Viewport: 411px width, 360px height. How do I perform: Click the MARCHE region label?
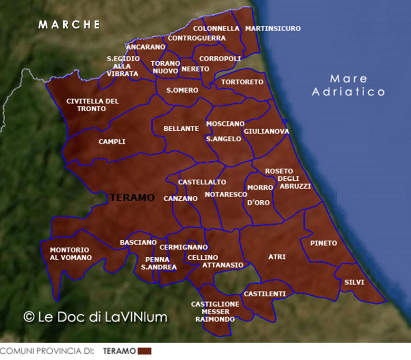point(69,24)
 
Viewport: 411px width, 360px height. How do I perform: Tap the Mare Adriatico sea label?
point(348,85)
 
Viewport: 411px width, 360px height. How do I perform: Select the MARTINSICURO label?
point(273,28)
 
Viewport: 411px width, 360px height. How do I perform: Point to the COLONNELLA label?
point(216,28)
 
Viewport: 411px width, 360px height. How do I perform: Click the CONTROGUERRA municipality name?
point(197,38)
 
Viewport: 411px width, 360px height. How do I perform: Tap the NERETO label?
point(195,69)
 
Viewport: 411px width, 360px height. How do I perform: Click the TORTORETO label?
point(242,82)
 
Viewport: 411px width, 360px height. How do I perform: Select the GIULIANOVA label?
point(266,131)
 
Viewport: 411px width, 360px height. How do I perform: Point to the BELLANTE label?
point(181,129)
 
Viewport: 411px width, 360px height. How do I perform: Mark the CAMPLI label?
point(112,142)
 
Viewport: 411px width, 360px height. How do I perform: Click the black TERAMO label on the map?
point(133,198)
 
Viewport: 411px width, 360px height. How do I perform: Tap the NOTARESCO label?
point(222,194)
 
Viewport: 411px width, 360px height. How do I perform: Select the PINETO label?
point(324,243)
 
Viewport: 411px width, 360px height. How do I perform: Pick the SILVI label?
point(354,282)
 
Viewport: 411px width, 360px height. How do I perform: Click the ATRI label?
point(277,257)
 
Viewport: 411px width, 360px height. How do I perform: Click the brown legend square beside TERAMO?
point(144,351)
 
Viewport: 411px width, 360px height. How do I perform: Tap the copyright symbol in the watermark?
point(30,316)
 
